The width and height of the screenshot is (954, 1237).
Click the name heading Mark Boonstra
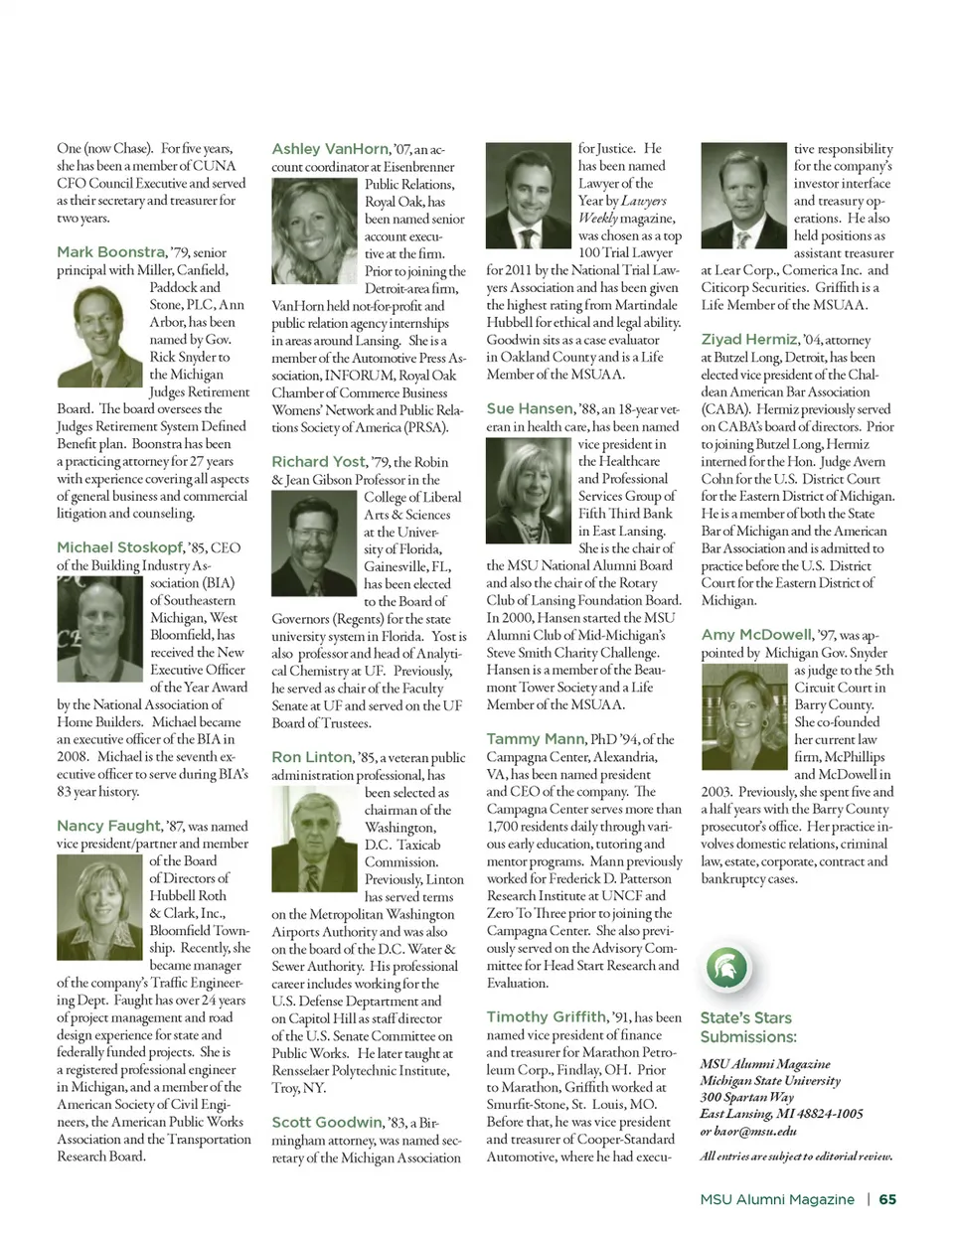pos(111,252)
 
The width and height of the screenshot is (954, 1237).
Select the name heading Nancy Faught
pos(108,826)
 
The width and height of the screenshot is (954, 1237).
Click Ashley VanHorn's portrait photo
pos(315,232)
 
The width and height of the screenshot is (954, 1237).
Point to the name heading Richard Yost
pos(319,462)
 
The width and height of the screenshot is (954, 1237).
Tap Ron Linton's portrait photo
pos(315,839)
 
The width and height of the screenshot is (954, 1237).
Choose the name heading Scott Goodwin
pos(327,1123)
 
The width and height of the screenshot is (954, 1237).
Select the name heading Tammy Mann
pos(536,739)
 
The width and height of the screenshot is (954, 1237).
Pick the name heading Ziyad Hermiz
pos(749,339)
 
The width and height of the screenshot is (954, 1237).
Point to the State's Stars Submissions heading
pos(748,1027)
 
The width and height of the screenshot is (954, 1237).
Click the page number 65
pos(887,1199)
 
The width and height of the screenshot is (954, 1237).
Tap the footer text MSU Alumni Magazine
pos(777,1199)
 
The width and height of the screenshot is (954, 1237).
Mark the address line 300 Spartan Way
pos(747,1097)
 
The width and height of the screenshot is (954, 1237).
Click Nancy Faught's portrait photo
pos(100,905)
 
